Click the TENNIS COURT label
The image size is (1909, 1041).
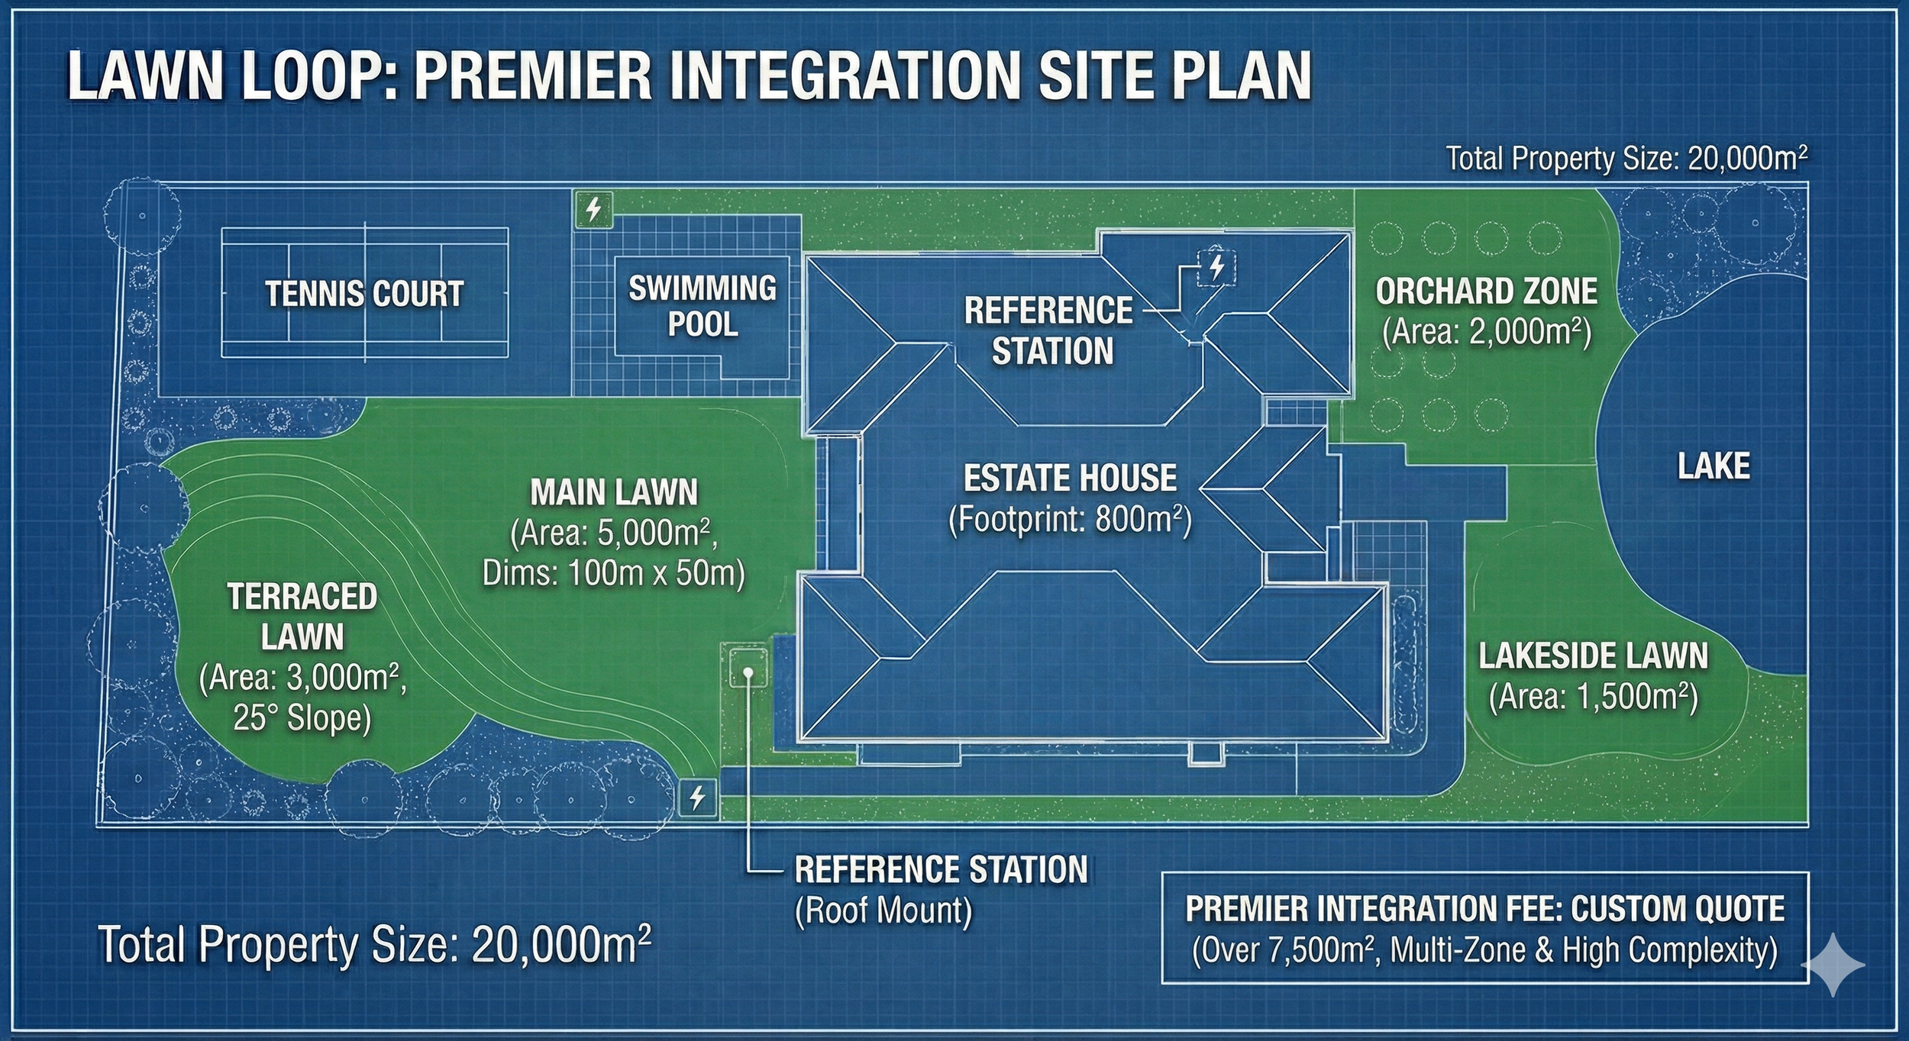[364, 294]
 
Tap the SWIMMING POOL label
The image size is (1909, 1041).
[702, 306]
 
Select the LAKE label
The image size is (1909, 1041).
[1714, 466]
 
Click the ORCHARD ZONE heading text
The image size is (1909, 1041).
[1486, 292]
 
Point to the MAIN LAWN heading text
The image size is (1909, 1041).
[614, 492]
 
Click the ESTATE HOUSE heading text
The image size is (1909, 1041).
[1070, 479]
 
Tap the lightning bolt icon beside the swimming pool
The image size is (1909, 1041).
[594, 208]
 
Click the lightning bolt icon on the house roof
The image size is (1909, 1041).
[1216, 266]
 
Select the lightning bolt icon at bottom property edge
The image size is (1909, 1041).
[697, 798]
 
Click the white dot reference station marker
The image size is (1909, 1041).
[749, 672]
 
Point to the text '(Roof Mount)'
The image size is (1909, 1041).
[883, 910]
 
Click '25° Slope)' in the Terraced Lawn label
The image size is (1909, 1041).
[302, 718]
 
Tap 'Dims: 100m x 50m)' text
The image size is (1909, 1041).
[613, 573]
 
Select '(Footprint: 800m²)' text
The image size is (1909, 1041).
[1070, 520]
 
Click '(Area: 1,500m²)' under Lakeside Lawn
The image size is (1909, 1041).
[1593, 697]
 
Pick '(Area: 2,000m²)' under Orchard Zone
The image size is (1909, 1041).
[1486, 332]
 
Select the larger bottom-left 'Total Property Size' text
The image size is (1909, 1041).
[374, 945]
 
